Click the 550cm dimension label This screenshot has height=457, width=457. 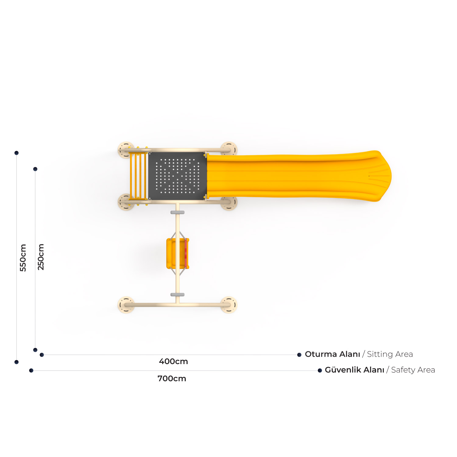[x=23, y=257]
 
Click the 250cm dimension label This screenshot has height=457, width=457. [x=41, y=257]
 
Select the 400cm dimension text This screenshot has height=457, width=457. [x=173, y=362]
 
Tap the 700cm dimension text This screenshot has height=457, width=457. [x=172, y=379]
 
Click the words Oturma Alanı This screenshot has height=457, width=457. [x=332, y=354]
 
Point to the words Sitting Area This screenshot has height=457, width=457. [x=390, y=354]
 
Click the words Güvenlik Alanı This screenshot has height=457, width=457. [x=355, y=370]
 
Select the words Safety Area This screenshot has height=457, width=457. [x=413, y=370]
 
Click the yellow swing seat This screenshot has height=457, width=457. [x=178, y=253]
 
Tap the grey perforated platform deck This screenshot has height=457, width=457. [x=177, y=176]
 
